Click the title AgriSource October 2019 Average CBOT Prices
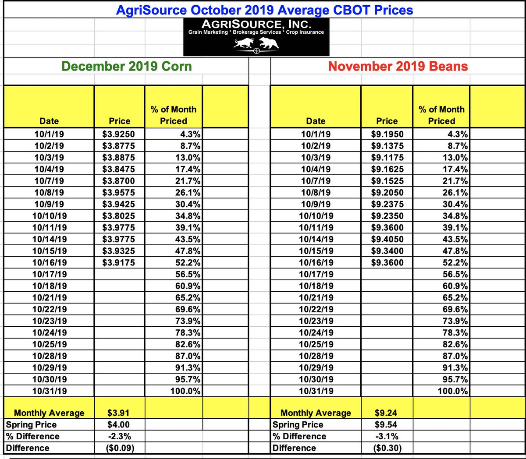click(264, 10)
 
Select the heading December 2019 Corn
click(127, 66)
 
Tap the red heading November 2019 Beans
click(398, 66)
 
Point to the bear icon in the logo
click(269, 43)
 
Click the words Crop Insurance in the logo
click(305, 32)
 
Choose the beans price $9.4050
click(387, 239)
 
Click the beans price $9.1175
click(387, 158)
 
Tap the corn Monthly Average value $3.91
click(119, 413)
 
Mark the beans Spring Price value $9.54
click(386, 424)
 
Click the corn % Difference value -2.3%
click(119, 436)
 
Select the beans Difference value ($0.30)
click(386, 448)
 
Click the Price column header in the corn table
click(119, 121)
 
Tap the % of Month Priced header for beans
click(441, 115)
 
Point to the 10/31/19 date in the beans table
click(316, 391)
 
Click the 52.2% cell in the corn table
click(188, 263)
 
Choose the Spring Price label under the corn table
click(31, 424)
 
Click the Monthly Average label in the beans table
click(316, 413)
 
